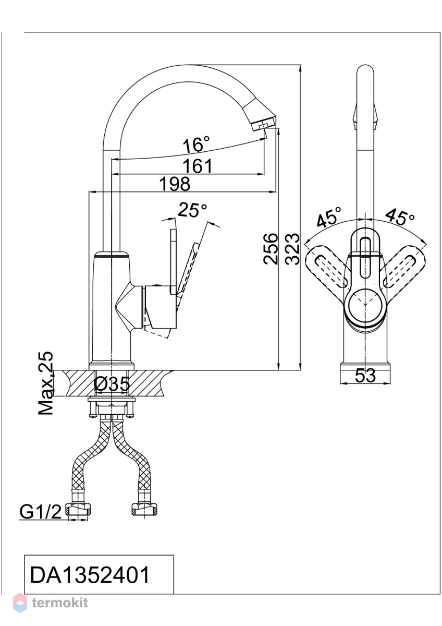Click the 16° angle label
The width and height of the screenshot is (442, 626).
tap(196, 144)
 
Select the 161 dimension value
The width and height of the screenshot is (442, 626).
tap(198, 166)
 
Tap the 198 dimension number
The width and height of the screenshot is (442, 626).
tap(175, 184)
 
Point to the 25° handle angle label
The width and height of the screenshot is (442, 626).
tap(193, 210)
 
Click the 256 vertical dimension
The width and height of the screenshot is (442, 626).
tap(271, 248)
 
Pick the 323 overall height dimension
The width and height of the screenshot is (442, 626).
tap(292, 248)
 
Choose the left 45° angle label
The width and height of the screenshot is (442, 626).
tap(329, 217)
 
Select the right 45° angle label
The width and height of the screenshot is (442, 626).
tap(400, 216)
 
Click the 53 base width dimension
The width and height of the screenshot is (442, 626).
tap(365, 375)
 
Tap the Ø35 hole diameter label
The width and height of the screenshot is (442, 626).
tap(112, 384)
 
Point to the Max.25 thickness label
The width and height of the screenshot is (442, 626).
tap(45, 383)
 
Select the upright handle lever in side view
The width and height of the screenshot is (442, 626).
tap(174, 262)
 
